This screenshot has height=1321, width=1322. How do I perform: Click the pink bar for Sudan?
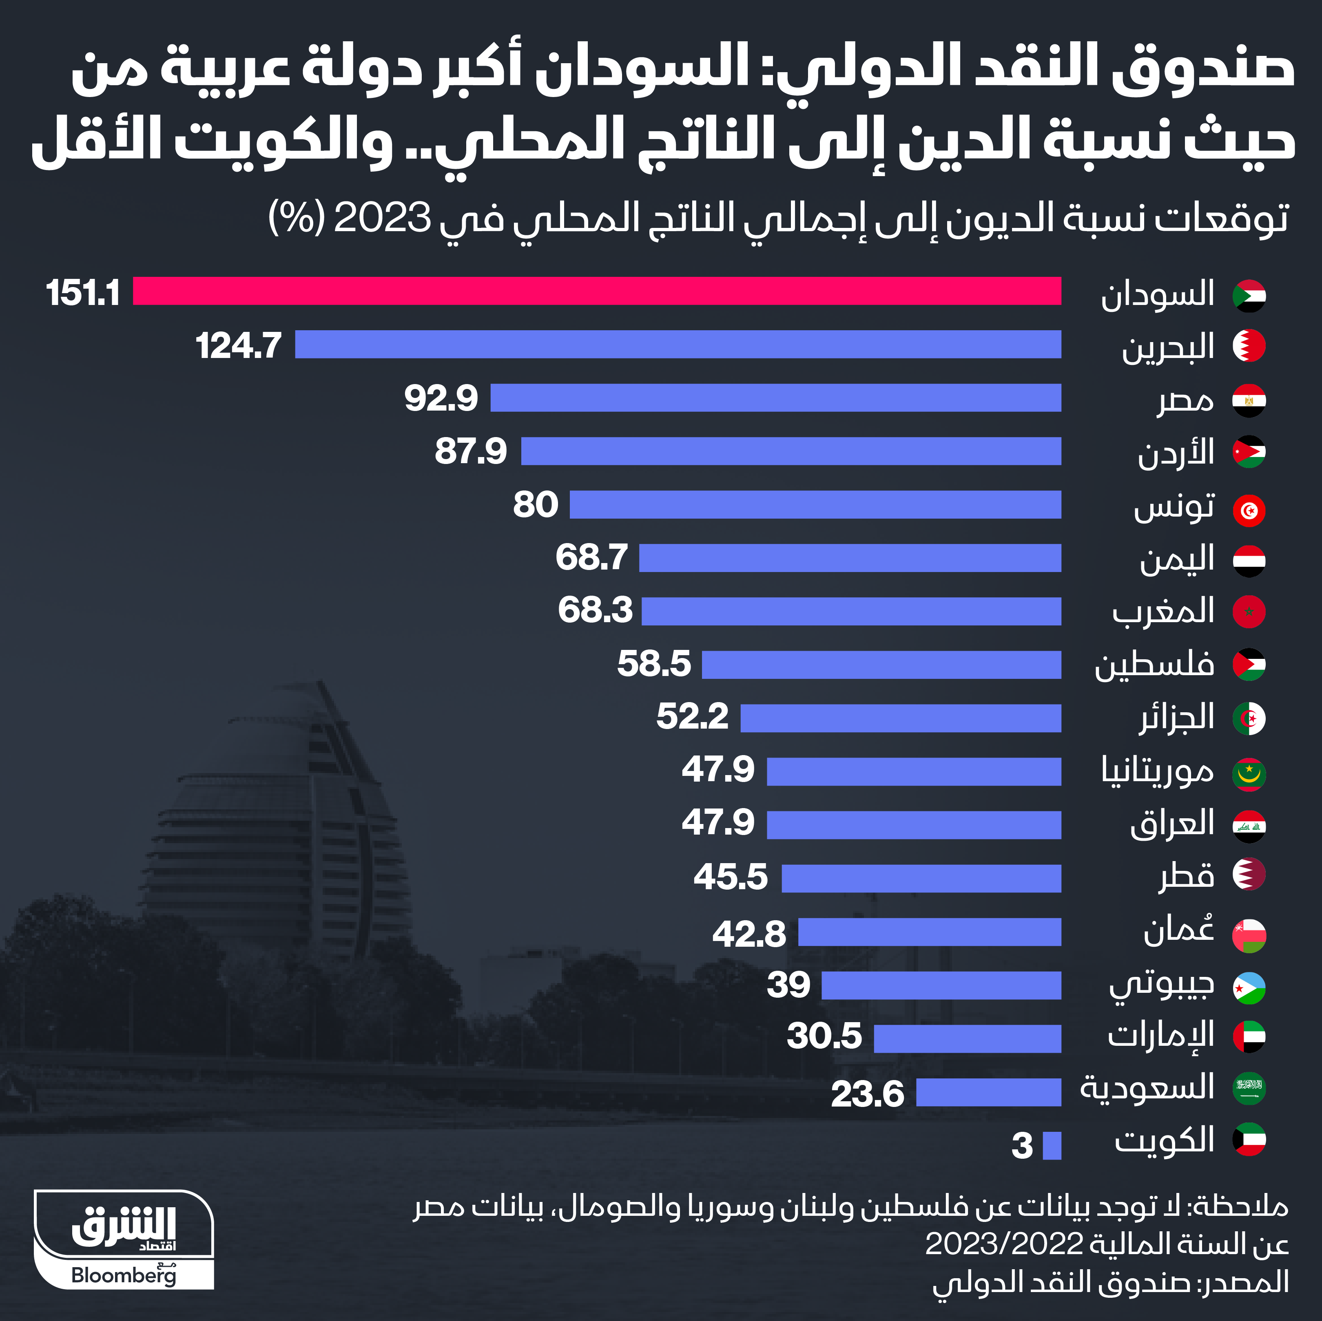pos(597,291)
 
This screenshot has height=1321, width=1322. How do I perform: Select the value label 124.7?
pos(238,345)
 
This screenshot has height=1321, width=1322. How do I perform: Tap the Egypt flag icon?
pos(1249,401)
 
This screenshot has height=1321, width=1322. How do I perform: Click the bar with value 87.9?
pos(791,451)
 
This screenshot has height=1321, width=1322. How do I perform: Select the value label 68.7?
pos(591,557)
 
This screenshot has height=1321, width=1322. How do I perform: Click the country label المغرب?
pos(1163,611)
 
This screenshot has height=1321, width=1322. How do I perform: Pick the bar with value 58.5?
pos(881,665)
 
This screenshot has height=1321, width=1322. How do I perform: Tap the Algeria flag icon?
pos(1249,719)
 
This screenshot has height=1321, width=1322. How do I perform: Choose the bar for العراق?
pos(914,825)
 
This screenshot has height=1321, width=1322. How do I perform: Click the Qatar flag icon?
pos(1249,874)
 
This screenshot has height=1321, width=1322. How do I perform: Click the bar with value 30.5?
pos(967,1038)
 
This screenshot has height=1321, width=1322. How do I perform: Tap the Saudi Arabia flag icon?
pos(1249,1088)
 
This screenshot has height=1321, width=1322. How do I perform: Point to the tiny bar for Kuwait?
pos(1052,1146)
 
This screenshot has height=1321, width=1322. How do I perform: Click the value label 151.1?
pos(83,293)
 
